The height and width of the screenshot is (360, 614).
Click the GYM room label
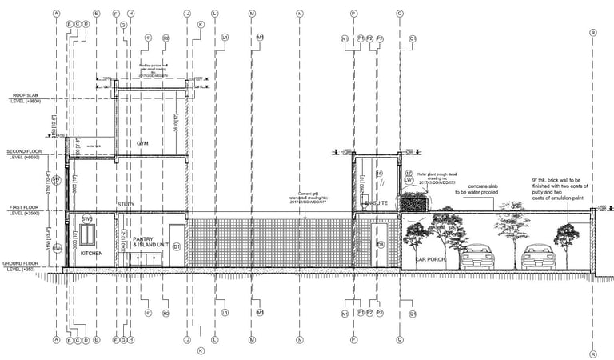point(143,143)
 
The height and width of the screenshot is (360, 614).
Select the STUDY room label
point(125,206)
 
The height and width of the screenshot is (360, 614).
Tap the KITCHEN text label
point(92,254)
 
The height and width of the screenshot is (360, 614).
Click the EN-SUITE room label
point(375,205)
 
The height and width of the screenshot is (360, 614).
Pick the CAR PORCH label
point(430,260)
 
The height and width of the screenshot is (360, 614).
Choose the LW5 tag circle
point(408,180)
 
